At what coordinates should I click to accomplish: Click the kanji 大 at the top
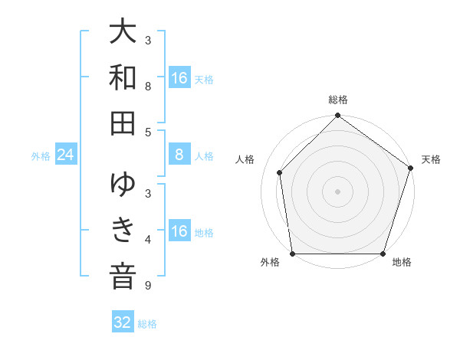(x=123, y=33)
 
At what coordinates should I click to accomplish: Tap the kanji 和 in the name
(x=123, y=77)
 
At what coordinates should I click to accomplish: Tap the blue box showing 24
(x=66, y=155)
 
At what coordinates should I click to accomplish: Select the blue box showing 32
(x=123, y=322)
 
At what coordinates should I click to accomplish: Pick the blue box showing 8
(x=179, y=155)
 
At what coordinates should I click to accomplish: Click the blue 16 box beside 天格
(x=179, y=78)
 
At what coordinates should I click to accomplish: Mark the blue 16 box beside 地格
(x=179, y=231)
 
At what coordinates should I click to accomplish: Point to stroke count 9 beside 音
(x=147, y=286)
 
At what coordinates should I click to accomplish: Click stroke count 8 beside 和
(x=147, y=86)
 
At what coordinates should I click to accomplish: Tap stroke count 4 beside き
(x=147, y=240)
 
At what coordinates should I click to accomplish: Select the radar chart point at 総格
(x=337, y=116)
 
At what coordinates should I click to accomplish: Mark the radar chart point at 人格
(x=280, y=172)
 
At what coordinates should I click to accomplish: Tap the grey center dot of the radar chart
(x=337, y=191)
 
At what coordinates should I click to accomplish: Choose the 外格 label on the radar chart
(x=270, y=263)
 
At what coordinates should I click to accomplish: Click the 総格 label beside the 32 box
(x=147, y=324)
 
